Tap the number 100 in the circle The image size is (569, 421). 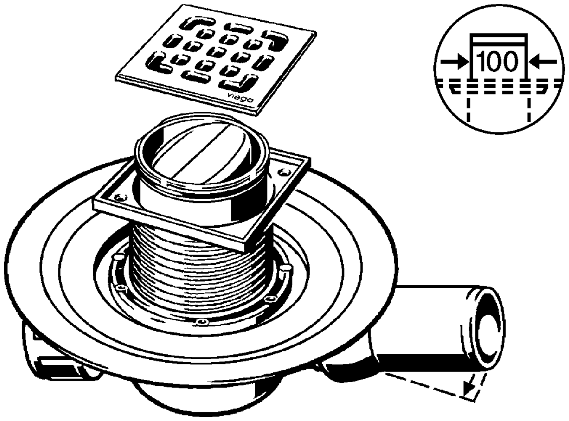point(498,62)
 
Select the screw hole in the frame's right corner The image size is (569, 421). point(285,172)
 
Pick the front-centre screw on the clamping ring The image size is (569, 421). point(202,321)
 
